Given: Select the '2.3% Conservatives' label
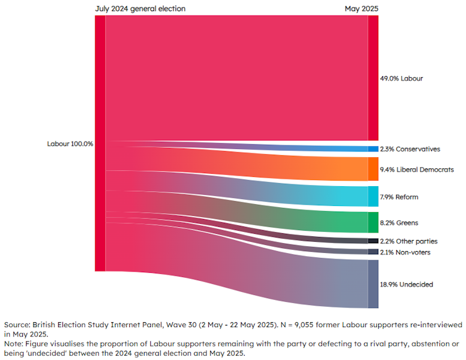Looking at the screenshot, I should tap(410, 149).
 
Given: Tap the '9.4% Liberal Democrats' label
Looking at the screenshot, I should tap(417, 169).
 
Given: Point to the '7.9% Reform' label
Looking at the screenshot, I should tap(399, 197).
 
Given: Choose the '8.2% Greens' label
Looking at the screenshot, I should tap(399, 222).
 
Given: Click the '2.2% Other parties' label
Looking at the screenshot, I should tap(409, 241).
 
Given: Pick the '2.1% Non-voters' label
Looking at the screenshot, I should tap(405, 252).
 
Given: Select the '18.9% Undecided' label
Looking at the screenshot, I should tap(407, 285).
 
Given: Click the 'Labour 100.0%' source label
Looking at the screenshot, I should tap(70, 144).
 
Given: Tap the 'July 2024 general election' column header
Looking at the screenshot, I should tap(140, 9).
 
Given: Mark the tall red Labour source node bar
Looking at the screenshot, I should tap(100, 144).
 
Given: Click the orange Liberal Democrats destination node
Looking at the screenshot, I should tap(373, 169).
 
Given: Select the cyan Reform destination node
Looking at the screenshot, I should tap(373, 197).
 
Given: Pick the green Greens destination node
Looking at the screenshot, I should tap(373, 222).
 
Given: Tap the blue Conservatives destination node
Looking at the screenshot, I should tap(373, 149).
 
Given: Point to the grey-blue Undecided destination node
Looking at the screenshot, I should tap(373, 284).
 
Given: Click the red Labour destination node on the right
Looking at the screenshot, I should tap(373, 78).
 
